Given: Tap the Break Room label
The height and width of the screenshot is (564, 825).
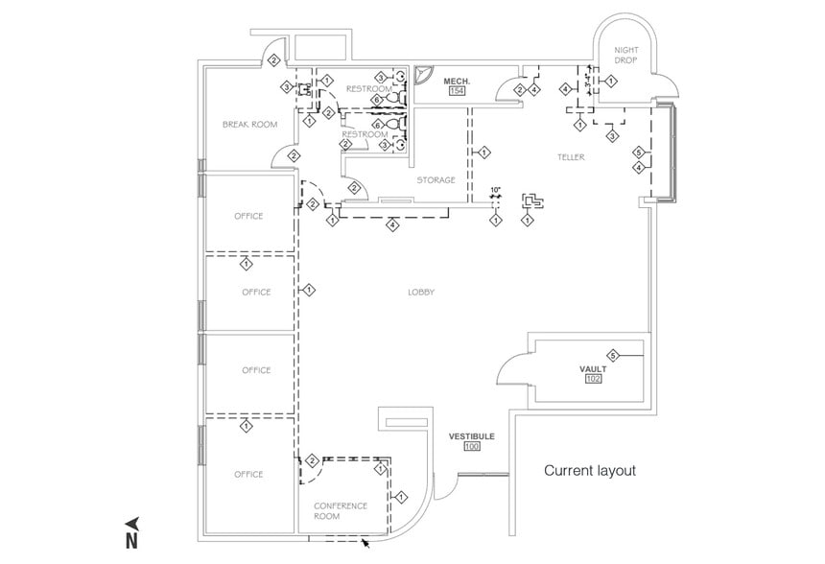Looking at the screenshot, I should [249, 124].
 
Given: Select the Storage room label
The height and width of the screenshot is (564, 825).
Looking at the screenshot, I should [435, 179].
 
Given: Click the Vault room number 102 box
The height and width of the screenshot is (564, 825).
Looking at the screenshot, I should [594, 380].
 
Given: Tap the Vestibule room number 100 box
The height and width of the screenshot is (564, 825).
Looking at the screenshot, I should [471, 447].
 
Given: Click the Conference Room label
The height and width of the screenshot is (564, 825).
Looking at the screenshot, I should [340, 510].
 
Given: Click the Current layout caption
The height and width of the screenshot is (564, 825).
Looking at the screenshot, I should [590, 471].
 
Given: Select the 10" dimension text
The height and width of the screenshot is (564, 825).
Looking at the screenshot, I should [495, 190].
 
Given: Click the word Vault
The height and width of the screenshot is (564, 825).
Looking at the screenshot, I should [593, 368].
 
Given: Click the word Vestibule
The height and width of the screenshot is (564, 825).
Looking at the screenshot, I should [471, 436].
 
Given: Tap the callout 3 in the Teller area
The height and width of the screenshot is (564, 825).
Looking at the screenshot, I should [612, 137].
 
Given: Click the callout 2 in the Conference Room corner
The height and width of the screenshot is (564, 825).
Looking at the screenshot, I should [312, 461].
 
